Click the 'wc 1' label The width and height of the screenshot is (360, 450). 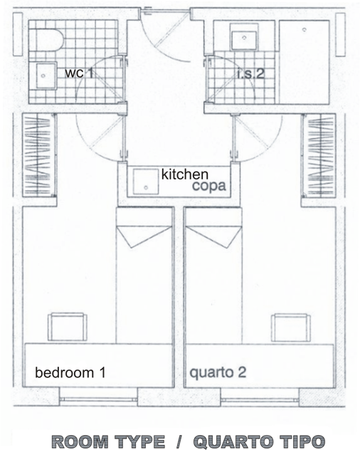pos(79,73)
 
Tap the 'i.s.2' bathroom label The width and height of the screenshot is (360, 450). pos(250,74)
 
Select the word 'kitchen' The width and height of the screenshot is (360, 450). pos(185,174)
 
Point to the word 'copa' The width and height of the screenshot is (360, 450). pos(209,186)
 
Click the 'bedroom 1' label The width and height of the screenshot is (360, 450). pos(70,372)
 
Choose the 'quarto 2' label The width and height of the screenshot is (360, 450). pos(218,372)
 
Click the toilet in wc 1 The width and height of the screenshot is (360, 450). pos(46,40)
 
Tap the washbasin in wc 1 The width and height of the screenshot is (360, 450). pos(46,76)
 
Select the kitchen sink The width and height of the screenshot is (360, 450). pos(146,182)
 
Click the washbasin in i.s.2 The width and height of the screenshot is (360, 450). pos(244,37)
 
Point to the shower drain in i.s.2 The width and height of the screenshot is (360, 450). pos(305,30)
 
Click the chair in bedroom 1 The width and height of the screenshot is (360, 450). pos(68,327)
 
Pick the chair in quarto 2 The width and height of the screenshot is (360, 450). pos(291,328)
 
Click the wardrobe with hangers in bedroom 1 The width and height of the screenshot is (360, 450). pos(39,155)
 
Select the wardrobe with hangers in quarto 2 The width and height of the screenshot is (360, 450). pos(319,155)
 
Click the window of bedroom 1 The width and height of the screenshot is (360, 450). pos(98,399)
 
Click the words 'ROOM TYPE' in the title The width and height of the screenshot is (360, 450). pos(108,441)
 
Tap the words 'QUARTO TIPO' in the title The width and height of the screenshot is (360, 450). pos(260,441)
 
